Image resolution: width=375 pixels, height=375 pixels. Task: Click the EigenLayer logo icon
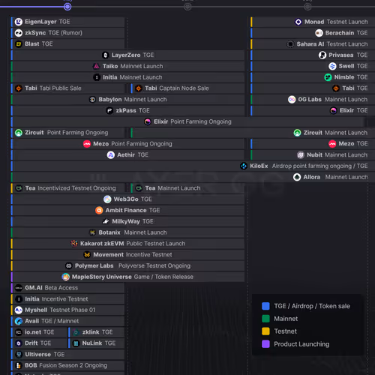click(x=19, y=22)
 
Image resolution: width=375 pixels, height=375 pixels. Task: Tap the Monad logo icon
click(x=298, y=22)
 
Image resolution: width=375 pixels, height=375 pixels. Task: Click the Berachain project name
click(x=340, y=33)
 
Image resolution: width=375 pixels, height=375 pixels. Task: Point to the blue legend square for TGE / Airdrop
click(x=265, y=306)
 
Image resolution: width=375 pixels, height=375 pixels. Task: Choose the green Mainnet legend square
click(x=265, y=319)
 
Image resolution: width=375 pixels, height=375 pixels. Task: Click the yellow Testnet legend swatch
click(x=265, y=331)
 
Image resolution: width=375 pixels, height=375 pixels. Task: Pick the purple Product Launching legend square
click(x=265, y=344)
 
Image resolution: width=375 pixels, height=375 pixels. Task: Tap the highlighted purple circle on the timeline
click(x=67, y=7)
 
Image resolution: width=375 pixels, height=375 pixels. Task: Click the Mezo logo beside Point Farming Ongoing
click(x=87, y=144)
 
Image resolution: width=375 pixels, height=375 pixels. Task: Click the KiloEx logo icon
click(x=244, y=166)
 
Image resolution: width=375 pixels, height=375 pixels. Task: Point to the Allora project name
click(x=311, y=177)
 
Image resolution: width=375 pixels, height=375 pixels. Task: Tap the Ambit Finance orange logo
click(x=99, y=211)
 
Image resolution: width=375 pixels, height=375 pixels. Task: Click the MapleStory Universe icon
click(x=66, y=277)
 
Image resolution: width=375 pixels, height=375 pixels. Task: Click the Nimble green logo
click(x=328, y=77)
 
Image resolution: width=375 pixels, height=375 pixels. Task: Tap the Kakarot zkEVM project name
click(x=102, y=244)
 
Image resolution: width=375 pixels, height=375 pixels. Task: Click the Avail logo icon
click(x=19, y=321)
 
